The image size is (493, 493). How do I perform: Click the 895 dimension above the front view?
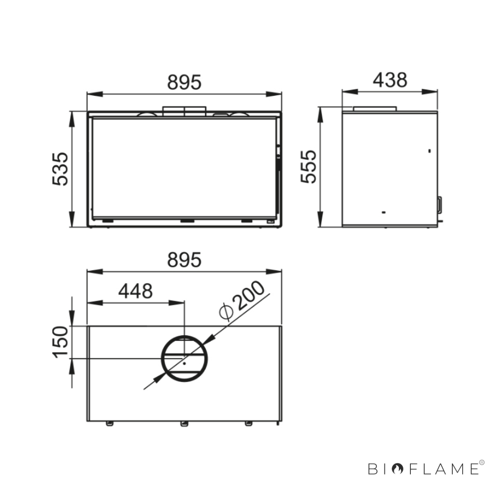[184, 82]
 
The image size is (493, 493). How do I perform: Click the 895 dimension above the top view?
[184, 260]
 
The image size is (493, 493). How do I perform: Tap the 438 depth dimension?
[390, 80]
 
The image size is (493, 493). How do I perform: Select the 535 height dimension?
[60, 169]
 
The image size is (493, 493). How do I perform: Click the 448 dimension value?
[135, 291]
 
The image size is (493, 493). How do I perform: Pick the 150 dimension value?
[60, 342]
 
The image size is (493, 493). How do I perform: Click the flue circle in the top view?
[184, 336]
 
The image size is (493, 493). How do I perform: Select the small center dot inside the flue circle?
[184, 363]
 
